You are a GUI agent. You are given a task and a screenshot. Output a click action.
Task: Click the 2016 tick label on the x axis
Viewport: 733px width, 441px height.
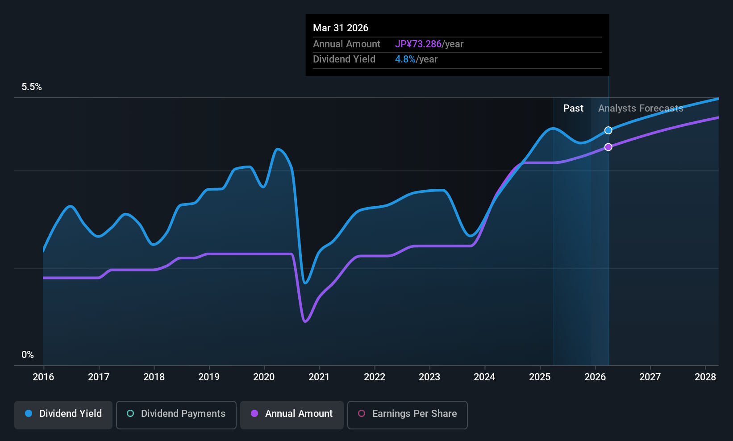click(43, 377)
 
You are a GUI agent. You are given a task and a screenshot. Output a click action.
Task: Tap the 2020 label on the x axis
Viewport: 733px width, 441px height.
click(264, 377)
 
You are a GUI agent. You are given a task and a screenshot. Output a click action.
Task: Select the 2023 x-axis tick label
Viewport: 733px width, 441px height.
click(429, 377)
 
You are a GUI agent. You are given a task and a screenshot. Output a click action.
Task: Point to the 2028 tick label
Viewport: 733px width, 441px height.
click(705, 377)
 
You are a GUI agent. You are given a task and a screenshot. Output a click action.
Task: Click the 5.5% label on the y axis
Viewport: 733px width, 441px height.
click(32, 87)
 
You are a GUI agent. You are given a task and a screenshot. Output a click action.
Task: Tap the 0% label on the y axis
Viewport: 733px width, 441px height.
click(28, 355)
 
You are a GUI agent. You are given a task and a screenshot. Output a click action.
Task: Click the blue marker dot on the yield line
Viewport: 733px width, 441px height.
click(608, 130)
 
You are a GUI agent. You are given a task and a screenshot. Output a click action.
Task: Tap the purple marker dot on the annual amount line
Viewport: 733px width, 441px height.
click(608, 147)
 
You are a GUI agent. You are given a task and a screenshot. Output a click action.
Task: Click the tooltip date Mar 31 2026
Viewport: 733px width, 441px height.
click(341, 28)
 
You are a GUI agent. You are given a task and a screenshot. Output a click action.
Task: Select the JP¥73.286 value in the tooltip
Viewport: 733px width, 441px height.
click(418, 44)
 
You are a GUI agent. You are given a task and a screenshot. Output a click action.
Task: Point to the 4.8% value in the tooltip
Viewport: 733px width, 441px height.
click(405, 59)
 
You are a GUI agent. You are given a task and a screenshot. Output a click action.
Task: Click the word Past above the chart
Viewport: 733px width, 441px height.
click(573, 108)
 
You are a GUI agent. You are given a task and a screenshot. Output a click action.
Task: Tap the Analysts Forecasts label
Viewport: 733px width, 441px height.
click(641, 108)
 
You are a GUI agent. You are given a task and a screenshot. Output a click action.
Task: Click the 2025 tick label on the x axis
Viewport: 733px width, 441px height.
click(540, 377)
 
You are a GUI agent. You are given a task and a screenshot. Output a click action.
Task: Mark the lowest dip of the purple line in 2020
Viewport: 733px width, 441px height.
click(305, 321)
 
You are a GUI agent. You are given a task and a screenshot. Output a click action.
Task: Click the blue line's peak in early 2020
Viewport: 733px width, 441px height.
click(278, 149)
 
